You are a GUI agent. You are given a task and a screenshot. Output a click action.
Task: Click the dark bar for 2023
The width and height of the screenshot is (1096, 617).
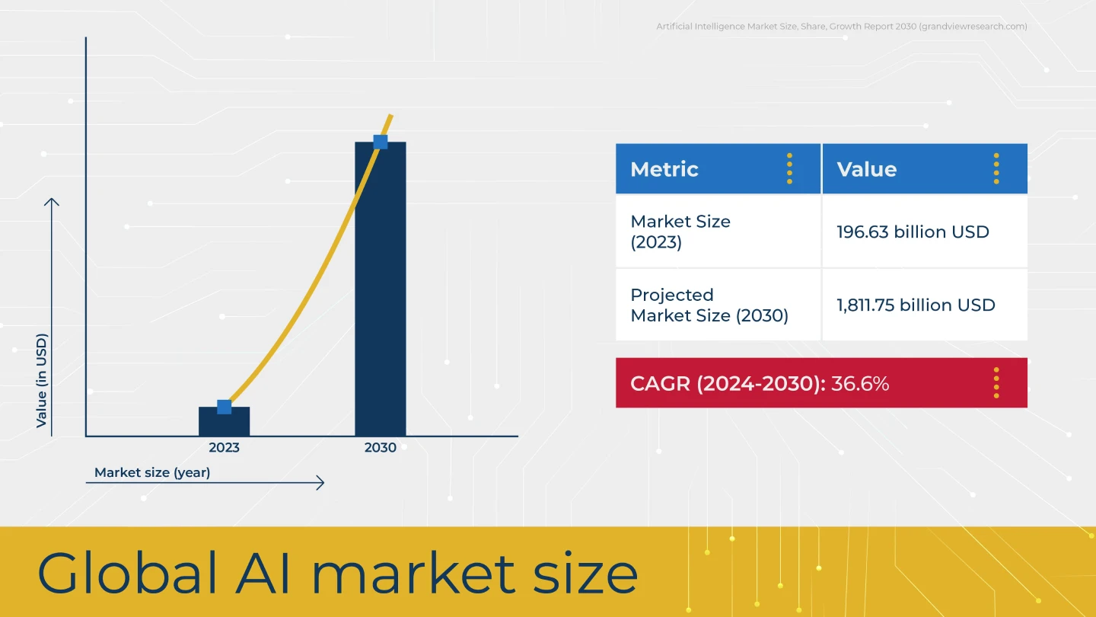tap(224, 421)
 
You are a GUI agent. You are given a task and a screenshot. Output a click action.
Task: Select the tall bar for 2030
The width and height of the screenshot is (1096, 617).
tap(381, 289)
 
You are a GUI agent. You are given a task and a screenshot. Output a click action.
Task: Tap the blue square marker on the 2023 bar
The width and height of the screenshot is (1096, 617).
tap(224, 407)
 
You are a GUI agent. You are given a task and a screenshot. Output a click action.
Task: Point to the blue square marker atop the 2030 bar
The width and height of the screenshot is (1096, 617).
tap(381, 142)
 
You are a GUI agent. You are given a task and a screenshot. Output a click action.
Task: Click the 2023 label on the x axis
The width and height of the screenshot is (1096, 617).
tap(224, 448)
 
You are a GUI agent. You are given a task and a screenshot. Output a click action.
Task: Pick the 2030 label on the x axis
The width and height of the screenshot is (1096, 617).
tap(381, 448)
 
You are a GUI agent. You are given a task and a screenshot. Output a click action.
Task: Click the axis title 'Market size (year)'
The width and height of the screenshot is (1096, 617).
tap(152, 472)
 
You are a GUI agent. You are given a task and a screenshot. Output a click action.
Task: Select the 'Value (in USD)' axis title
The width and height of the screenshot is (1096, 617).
tap(42, 381)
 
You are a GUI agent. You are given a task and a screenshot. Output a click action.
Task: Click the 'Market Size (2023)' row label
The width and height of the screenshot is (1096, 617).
tap(680, 232)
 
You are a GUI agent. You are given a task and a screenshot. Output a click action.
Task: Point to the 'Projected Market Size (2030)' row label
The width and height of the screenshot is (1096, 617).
tap(709, 305)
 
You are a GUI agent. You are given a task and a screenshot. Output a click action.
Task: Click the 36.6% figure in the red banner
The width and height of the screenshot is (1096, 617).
tap(860, 383)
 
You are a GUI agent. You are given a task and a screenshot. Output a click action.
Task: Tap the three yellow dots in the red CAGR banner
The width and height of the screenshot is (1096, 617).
tap(996, 383)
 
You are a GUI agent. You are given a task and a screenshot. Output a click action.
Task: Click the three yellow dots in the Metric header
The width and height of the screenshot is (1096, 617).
tap(789, 168)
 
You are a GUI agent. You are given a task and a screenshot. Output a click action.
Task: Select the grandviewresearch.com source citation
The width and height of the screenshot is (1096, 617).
tap(842, 27)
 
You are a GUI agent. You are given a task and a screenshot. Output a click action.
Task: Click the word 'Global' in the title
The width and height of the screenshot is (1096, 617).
tap(126, 573)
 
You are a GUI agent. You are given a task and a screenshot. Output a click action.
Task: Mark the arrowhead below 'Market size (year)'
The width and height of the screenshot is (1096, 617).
tap(320, 483)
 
